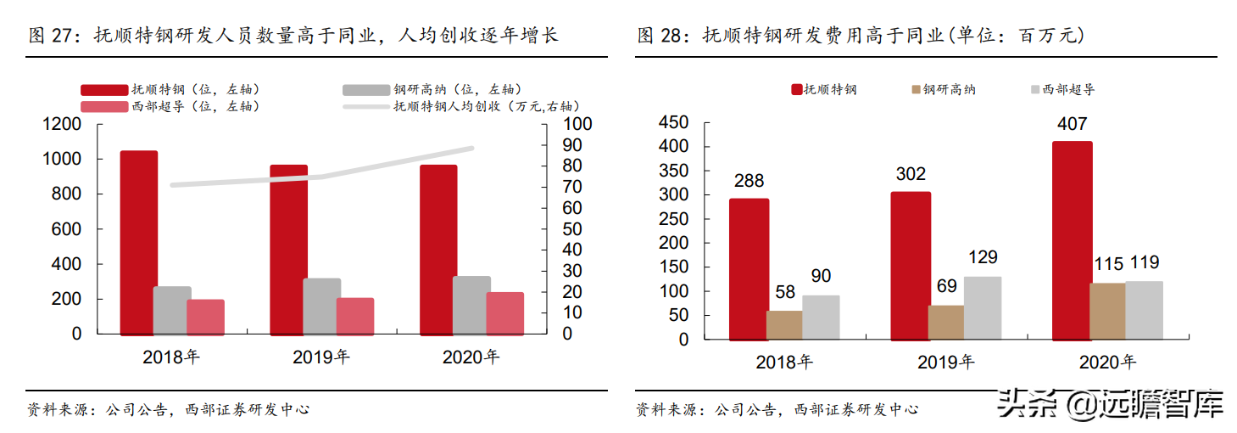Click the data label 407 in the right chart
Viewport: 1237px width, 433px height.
pos(1072,124)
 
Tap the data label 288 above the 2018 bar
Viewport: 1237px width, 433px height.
pos(749,181)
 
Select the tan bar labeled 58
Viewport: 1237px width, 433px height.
pos(784,324)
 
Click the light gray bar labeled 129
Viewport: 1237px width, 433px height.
pos(983,307)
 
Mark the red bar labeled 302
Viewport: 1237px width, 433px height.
pos(911,265)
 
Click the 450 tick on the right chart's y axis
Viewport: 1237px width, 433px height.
pos(676,123)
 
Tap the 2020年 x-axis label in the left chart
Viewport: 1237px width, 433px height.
pos(471,357)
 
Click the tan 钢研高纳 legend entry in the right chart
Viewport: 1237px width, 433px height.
pos(942,89)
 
